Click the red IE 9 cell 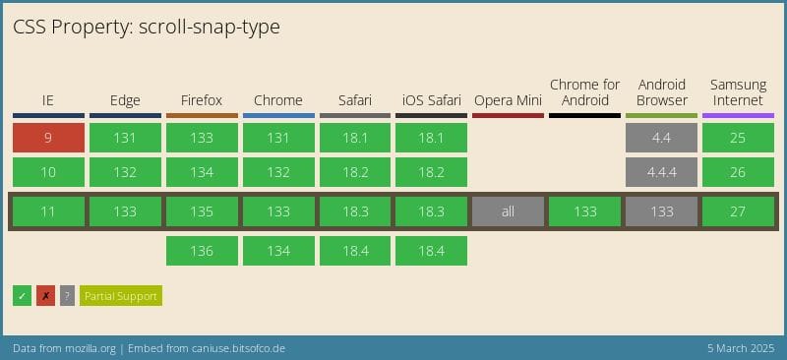coord(48,138)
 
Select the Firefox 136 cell coord(202,251)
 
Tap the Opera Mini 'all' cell coord(508,211)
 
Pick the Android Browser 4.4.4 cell coord(661,172)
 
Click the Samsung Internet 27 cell coord(738,211)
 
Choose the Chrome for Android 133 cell coord(584,211)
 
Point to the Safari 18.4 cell coord(355,251)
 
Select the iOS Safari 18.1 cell coord(431,138)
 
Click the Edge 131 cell coord(125,138)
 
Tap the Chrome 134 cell coord(278,251)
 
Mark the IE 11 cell coord(48,211)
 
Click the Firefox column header coord(202,100)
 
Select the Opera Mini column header coord(508,100)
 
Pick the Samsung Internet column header coord(738,92)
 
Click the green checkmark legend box coord(23,295)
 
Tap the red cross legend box coord(45,295)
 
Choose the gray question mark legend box coord(67,295)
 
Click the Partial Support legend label coord(120,295)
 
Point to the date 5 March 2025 coord(733,349)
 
